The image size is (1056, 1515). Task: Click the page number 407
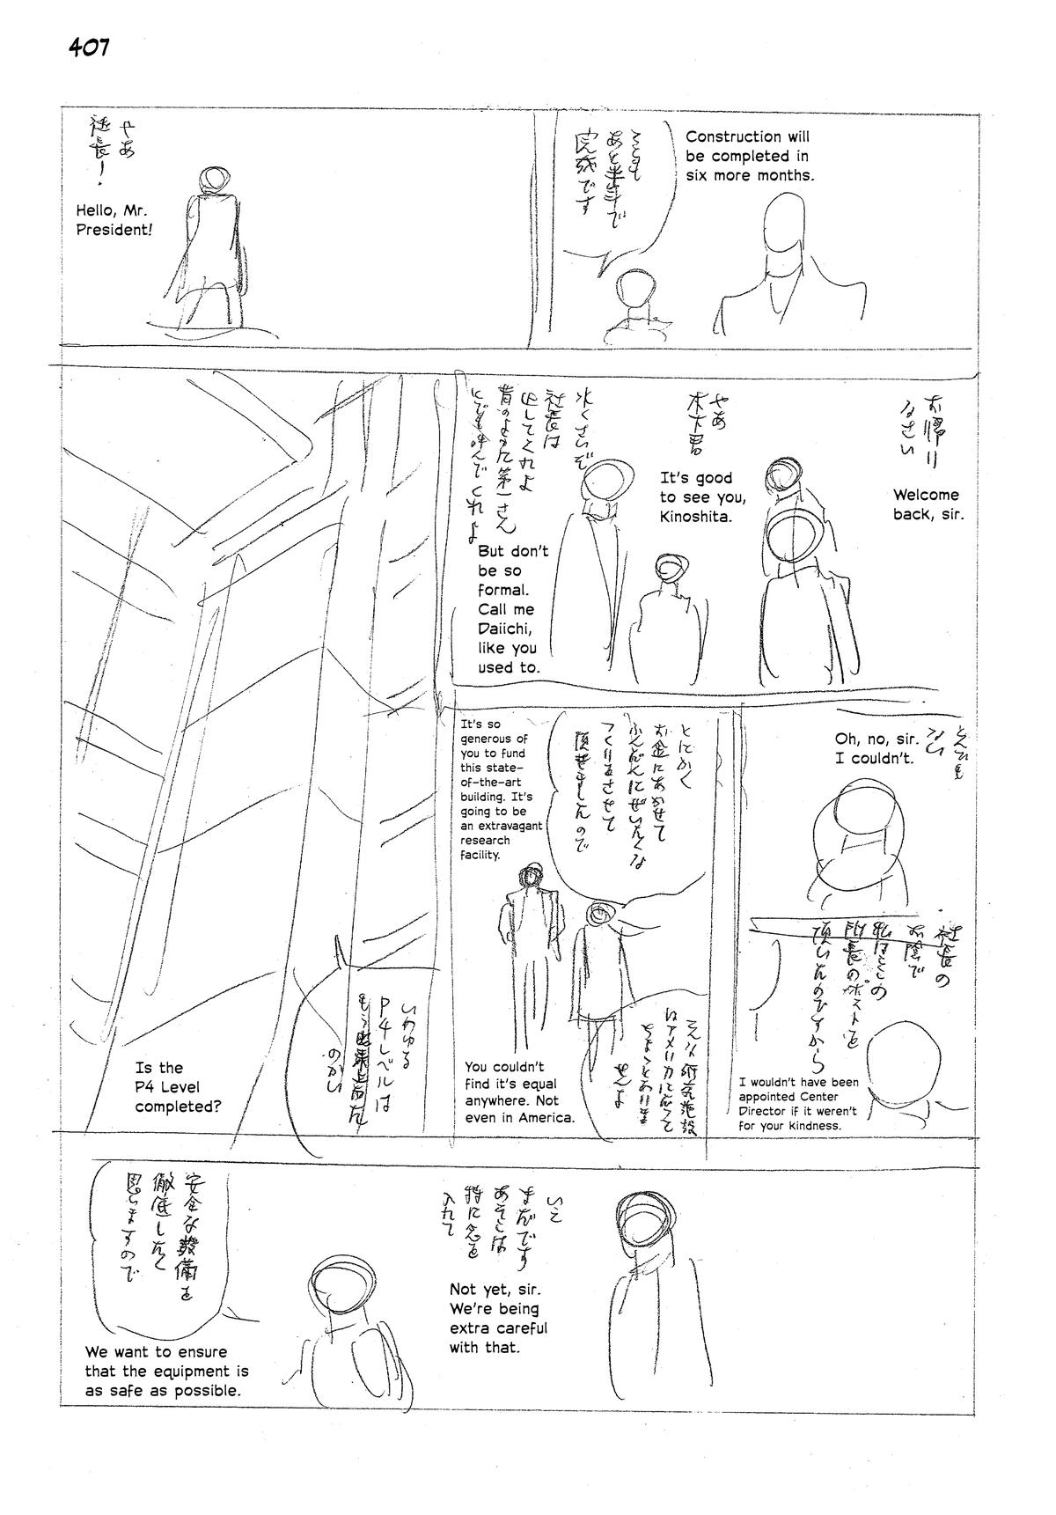(89, 48)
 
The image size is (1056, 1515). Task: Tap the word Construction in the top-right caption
(734, 136)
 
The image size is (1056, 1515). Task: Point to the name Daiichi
(506, 629)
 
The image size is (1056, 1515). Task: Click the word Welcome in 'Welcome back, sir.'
(926, 495)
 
